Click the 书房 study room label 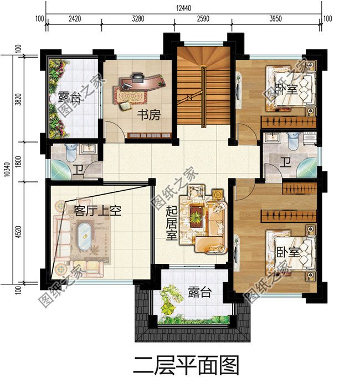coord(149,115)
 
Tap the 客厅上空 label coord(97,211)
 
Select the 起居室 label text coord(172,223)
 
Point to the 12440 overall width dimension coord(183,8)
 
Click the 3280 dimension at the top coord(138,19)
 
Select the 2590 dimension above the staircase coord(203,19)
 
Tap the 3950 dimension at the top coord(275,19)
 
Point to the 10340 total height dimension coord(7,169)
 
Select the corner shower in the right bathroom coord(307,168)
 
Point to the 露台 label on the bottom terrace coord(199,292)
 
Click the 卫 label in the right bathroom coord(286,162)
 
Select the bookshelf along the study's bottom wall coord(149,135)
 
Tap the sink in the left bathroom coord(89,149)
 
